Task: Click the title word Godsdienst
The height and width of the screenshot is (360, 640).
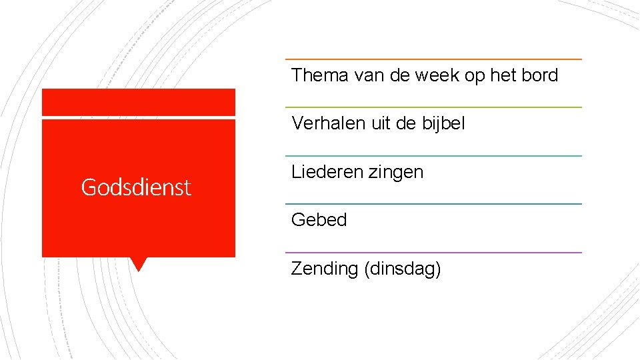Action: coord(136,187)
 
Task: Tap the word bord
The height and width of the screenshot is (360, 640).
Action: coord(539,75)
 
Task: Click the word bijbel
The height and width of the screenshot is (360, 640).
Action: coord(443,123)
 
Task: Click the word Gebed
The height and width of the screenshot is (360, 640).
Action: coord(319,220)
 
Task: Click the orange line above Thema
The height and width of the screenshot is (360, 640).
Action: coord(433,59)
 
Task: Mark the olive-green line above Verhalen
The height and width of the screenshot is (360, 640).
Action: coord(433,107)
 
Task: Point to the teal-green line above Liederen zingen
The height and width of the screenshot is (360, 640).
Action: coord(433,156)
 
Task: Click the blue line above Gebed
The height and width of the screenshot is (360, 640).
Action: coord(433,204)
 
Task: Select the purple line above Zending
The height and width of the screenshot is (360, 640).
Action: coord(433,253)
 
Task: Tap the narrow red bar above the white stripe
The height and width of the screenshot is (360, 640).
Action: coord(139,102)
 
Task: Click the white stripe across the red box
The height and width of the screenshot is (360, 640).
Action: coord(139,118)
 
